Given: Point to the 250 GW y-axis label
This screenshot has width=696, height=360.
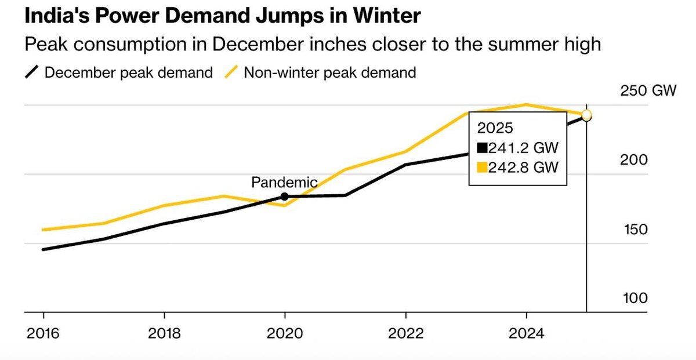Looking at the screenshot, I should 648,91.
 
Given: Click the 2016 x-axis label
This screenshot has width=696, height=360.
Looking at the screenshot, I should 43,334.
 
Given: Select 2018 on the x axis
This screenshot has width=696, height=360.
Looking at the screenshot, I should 164,334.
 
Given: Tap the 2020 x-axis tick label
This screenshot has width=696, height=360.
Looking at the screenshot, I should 285,334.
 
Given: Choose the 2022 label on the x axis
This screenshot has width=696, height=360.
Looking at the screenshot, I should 405,334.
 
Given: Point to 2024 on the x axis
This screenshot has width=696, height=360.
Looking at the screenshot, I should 526,334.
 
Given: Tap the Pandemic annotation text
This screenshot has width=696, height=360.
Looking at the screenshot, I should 284,182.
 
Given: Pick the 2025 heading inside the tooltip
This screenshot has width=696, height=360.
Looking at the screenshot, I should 491,127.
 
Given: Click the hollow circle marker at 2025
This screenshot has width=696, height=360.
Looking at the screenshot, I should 586,115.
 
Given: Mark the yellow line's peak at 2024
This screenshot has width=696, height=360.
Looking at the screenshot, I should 526,105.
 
